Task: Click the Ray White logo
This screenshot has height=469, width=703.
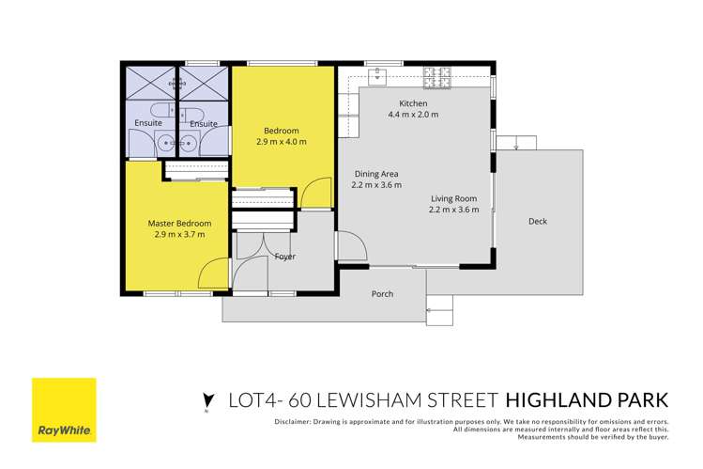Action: tap(64, 410)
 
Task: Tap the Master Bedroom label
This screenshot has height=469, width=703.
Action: tap(179, 223)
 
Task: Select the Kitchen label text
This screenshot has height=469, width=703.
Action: tap(413, 103)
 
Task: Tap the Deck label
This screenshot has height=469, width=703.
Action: tap(538, 222)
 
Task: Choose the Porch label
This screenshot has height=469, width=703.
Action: tap(382, 294)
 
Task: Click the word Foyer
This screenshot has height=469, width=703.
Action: tap(285, 256)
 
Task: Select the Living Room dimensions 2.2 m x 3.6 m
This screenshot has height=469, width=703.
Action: tap(455, 210)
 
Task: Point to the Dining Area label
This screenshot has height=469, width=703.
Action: tap(375, 174)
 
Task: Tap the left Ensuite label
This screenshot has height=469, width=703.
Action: tap(148, 123)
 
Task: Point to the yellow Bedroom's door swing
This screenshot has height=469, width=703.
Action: tap(317, 195)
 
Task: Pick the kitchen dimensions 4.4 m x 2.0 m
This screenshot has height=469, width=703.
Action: tap(413, 115)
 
